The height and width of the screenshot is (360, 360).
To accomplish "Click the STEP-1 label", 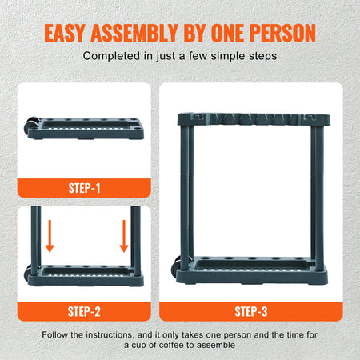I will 84,189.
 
